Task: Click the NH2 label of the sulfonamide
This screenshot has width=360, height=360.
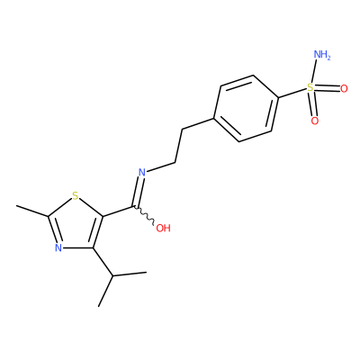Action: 321,55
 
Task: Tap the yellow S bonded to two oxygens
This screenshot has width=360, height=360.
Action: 310,88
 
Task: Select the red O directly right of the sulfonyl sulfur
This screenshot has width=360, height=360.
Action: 344,88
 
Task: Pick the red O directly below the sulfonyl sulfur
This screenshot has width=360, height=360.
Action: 315,121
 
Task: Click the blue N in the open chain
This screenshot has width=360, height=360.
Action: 142,172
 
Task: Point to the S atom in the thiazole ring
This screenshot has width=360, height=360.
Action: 76,196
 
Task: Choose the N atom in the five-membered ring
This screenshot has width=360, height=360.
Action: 58,247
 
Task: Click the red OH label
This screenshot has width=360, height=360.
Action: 163,228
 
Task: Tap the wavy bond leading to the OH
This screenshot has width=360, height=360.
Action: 143,215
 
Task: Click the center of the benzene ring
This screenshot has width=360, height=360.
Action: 246,108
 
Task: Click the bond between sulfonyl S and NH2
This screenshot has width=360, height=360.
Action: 313,72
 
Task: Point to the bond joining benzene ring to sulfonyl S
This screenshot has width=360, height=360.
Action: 292,93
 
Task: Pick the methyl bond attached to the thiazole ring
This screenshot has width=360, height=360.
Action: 32,211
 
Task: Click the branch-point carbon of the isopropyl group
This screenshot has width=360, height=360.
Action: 112,275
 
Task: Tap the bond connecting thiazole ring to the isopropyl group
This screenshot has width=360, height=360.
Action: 103,262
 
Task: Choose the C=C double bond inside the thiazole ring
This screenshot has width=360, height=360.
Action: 97,232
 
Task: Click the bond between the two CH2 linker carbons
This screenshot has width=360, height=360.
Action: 178,146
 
